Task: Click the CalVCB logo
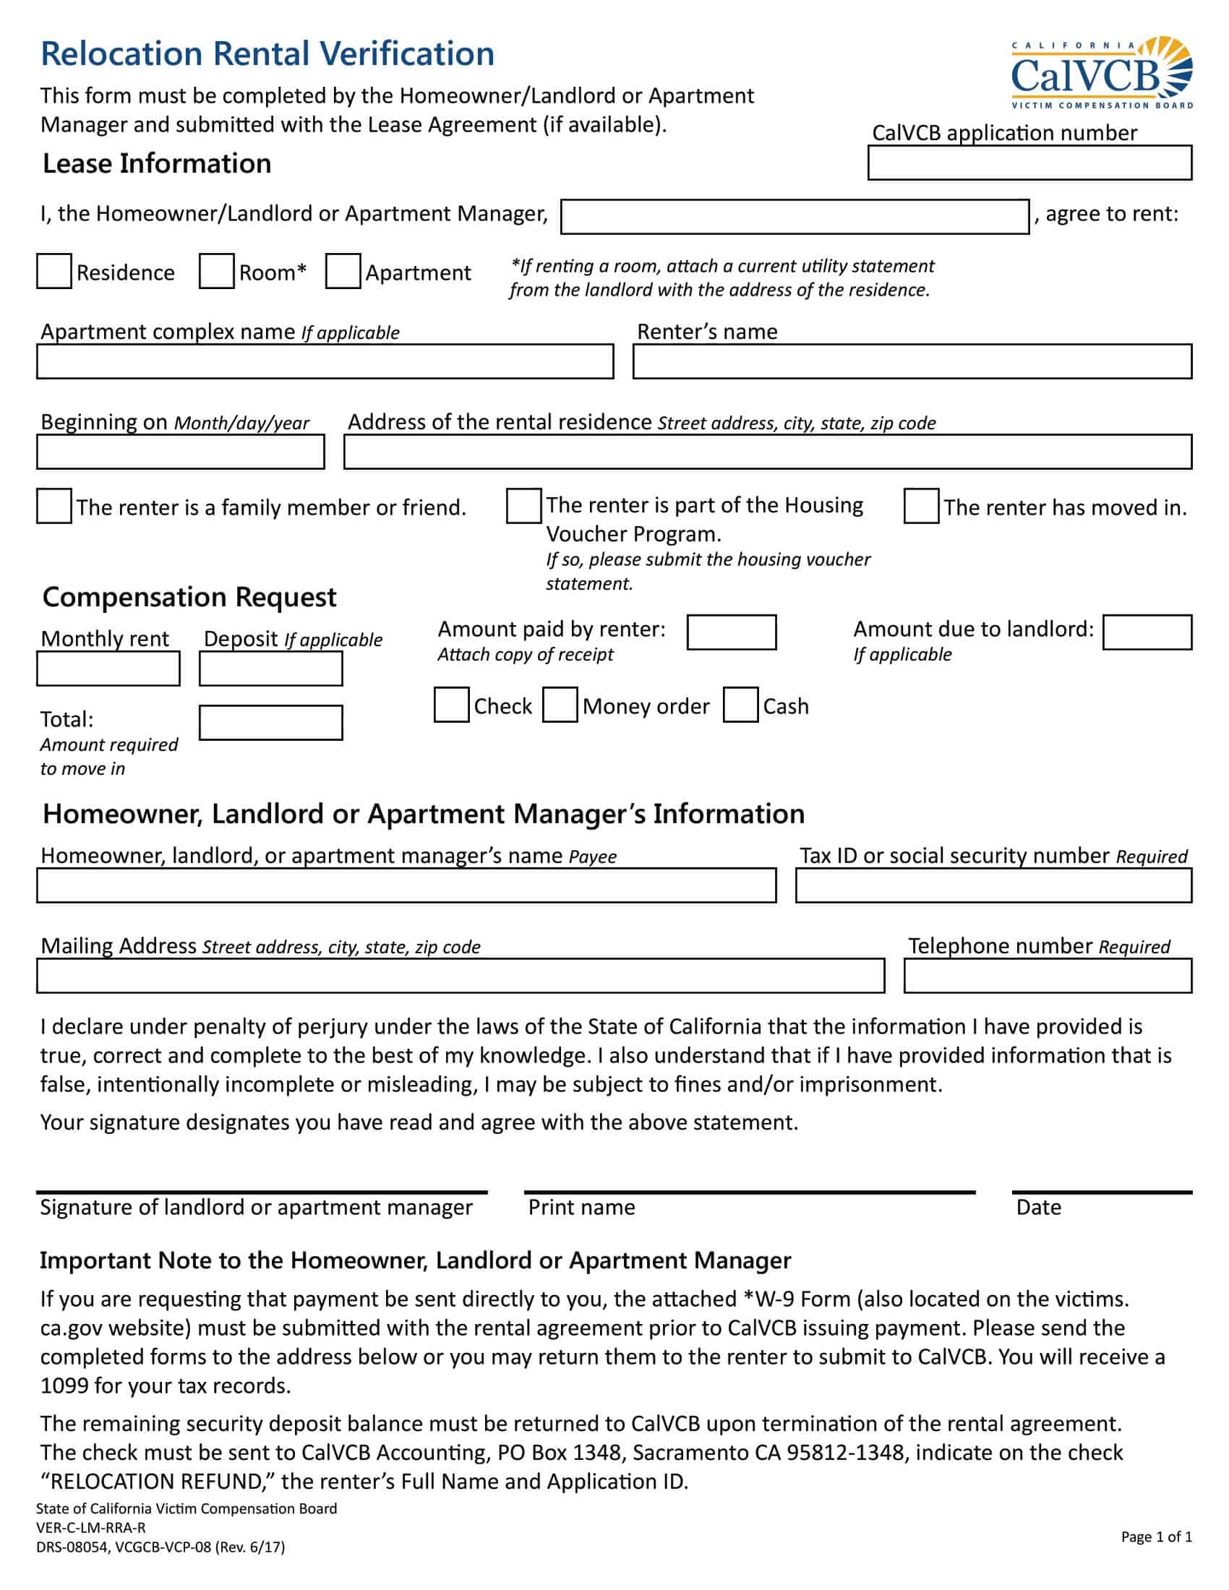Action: pos(1101,73)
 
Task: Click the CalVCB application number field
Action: pos(1029,163)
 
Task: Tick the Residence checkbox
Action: pos(54,271)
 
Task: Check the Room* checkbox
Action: pos(216,271)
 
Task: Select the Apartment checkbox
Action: pos(343,271)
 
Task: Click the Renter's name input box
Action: pos(912,361)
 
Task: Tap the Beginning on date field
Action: pos(180,452)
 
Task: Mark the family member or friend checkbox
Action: pos(54,506)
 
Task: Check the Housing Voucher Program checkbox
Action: pos(523,506)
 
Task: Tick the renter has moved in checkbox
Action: pos(921,506)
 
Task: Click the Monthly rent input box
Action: pos(108,669)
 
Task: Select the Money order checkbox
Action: pos(560,705)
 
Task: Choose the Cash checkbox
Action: pos(740,705)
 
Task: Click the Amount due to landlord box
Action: pos(1147,632)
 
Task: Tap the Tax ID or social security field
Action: pos(993,885)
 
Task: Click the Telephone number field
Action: pos(1047,976)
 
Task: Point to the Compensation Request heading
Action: pos(189,597)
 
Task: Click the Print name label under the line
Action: pos(581,1207)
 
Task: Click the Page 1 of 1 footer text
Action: pos(1155,1537)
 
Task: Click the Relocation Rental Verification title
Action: pos(267,54)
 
